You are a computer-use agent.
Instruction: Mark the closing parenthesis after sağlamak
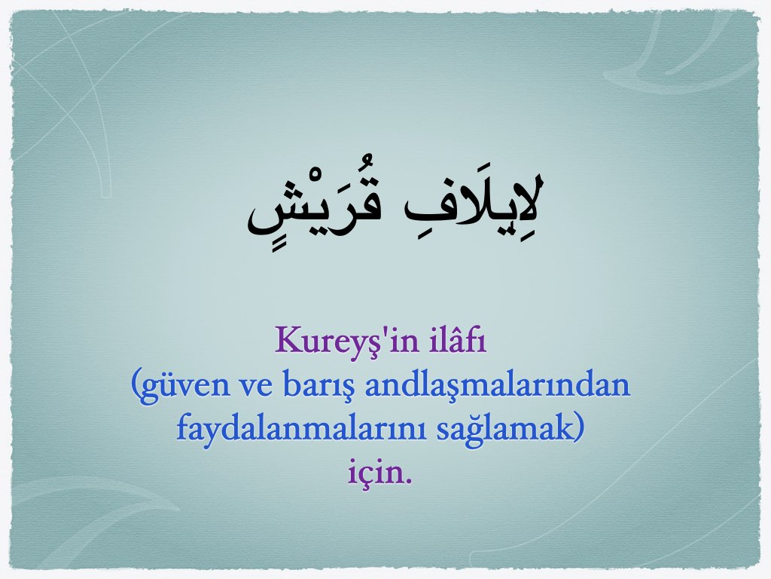(579, 429)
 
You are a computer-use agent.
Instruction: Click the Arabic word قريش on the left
(315, 206)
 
